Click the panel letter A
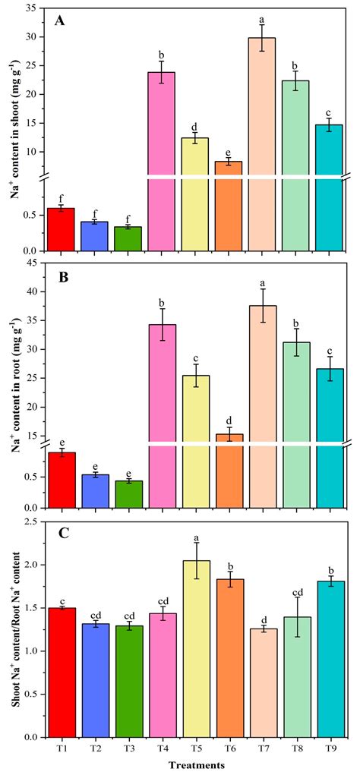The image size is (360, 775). tap(59, 21)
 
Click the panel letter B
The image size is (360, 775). tap(59, 278)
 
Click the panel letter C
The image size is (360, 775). tap(59, 533)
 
